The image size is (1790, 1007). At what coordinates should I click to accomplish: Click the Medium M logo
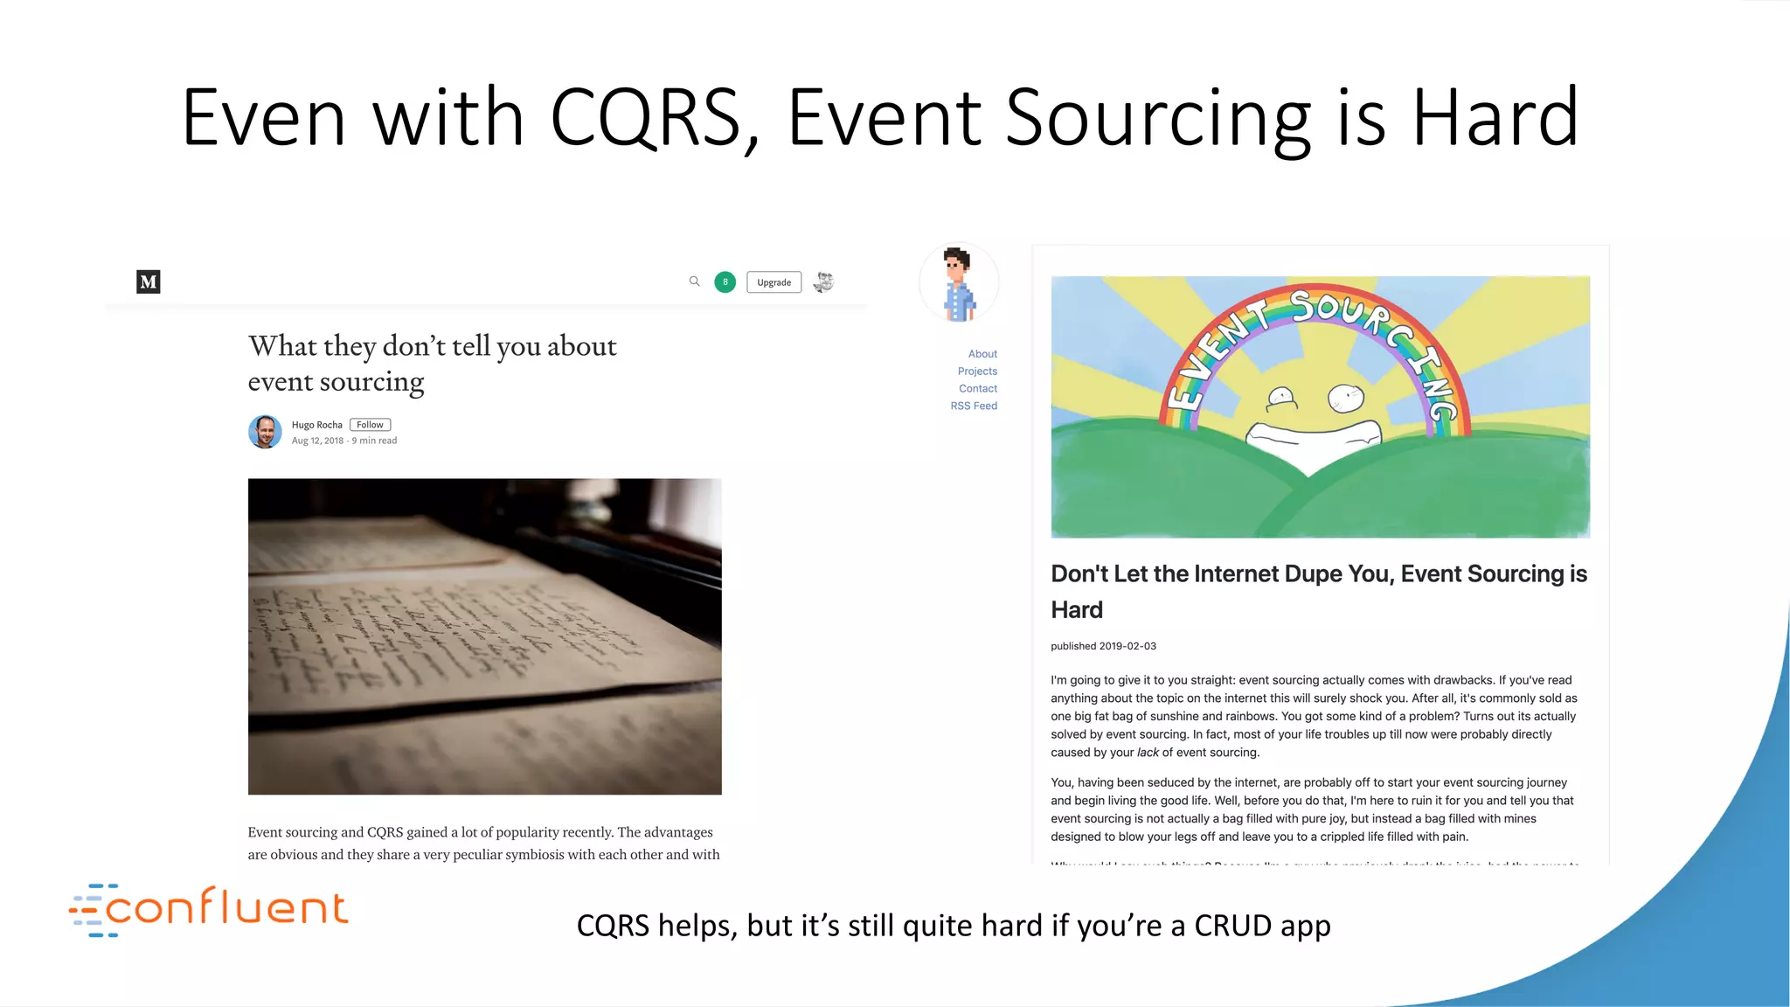pos(149,281)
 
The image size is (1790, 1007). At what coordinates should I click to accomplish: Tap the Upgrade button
pos(774,282)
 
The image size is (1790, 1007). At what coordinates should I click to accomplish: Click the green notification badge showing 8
pos(725,281)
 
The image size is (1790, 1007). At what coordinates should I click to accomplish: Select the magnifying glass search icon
pos(694,281)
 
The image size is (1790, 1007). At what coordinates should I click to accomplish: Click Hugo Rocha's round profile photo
pos(265,432)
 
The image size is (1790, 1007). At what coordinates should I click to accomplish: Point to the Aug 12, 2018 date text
pos(317,441)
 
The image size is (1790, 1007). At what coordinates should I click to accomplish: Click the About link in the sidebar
pos(982,354)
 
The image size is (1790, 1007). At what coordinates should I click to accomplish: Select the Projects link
pos(977,372)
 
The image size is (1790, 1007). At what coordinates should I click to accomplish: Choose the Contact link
pos(978,389)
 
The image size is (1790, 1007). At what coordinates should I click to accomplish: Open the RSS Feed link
pos(974,406)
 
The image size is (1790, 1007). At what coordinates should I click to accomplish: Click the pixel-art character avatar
pos(959,283)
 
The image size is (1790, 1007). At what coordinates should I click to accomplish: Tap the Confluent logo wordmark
pos(225,908)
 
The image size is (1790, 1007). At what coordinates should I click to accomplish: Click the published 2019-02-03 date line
pos(1103,646)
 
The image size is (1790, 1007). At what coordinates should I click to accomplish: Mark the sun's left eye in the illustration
pos(1282,399)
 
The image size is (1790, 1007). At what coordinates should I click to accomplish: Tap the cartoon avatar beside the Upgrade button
pos(823,281)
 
